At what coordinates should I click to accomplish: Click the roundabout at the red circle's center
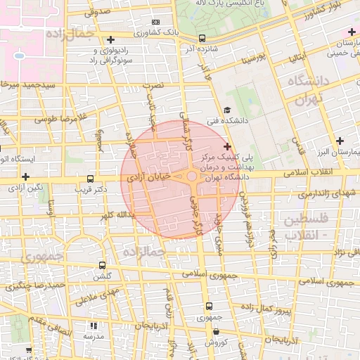click(191, 176)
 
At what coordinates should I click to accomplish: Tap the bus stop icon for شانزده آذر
click(202, 38)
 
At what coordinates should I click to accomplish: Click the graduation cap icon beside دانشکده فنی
click(226, 110)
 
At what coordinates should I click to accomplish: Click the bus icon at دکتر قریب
click(89, 179)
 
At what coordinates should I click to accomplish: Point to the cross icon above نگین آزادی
click(26, 176)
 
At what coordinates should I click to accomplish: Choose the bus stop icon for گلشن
click(103, 266)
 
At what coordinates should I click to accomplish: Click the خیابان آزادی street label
click(148, 179)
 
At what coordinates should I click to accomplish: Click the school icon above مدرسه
click(93, 326)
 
